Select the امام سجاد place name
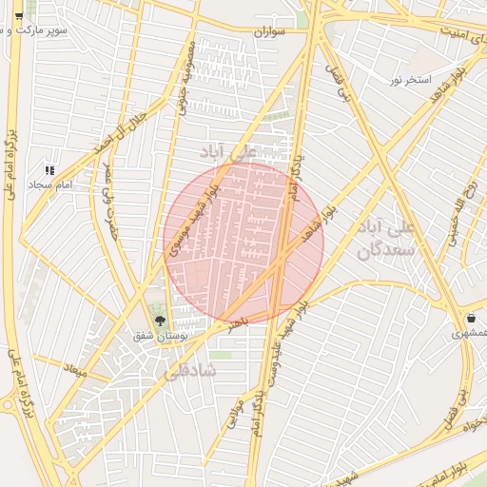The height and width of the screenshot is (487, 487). coord(49,183)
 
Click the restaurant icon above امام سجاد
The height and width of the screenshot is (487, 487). coord(49,169)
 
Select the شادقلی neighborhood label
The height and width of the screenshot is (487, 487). coord(196,369)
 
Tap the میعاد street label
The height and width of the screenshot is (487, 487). coord(74,368)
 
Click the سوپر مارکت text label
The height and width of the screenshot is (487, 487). coord(62,30)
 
